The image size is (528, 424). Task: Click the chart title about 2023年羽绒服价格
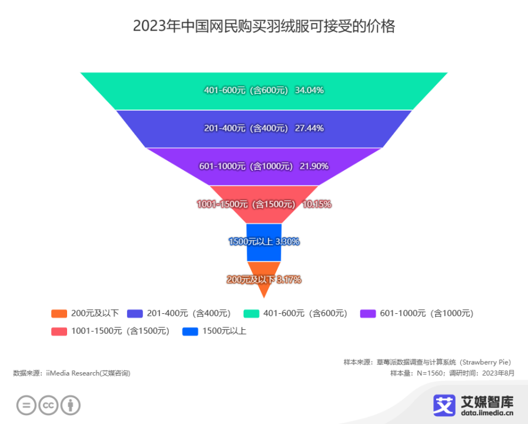(x=264, y=26)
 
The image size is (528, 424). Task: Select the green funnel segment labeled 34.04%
(x=264, y=91)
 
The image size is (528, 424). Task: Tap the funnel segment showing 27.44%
(x=264, y=129)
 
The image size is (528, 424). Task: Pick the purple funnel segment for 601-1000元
(x=264, y=167)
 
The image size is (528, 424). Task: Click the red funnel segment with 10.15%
(x=264, y=204)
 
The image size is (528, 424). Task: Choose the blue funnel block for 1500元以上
(x=264, y=242)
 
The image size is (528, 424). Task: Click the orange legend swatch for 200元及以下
(x=59, y=313)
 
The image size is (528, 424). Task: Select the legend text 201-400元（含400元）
(x=188, y=313)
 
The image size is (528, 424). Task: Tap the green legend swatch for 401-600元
(x=251, y=313)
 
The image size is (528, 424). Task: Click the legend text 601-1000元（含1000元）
(x=426, y=313)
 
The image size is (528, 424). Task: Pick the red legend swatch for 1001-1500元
(x=59, y=332)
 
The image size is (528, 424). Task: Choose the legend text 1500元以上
(x=224, y=331)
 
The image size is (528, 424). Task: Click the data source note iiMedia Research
(x=72, y=373)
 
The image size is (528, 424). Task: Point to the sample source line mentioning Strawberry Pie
(x=427, y=362)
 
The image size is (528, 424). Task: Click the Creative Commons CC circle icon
(x=48, y=405)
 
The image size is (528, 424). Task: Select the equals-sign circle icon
(x=26, y=405)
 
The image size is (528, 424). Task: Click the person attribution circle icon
(x=71, y=405)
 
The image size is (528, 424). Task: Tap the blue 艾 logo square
(x=444, y=405)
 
